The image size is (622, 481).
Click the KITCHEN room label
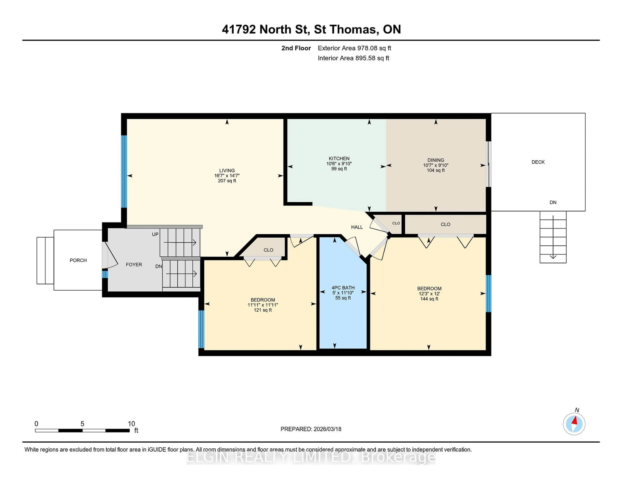click(x=339, y=158)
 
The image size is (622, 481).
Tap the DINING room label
click(x=435, y=160)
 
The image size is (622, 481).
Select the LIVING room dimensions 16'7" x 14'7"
click(x=227, y=176)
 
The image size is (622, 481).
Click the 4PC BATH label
click(x=343, y=288)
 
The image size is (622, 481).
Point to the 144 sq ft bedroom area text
click(x=429, y=299)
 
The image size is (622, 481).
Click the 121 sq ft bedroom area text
click(x=263, y=310)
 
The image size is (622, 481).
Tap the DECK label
click(x=538, y=162)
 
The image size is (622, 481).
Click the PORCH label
click(x=78, y=260)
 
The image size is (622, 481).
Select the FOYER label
click(x=134, y=264)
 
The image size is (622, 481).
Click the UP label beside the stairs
click(x=155, y=234)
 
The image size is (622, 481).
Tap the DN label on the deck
click(x=553, y=202)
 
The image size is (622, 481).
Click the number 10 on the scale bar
click(x=131, y=424)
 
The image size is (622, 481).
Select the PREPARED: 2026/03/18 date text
click(x=311, y=429)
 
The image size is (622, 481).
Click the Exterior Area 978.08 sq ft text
click(x=354, y=48)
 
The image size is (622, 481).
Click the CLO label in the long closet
click(x=445, y=224)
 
